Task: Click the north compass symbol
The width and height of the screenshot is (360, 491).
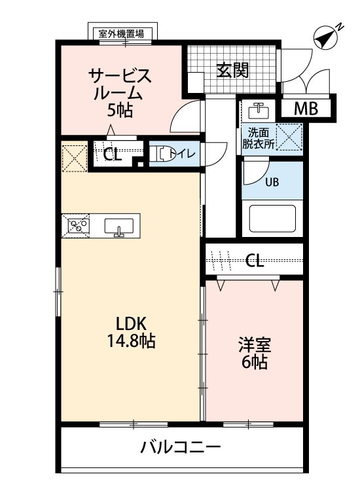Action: coord(326,37)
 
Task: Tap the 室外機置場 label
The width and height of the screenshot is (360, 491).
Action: coord(122,33)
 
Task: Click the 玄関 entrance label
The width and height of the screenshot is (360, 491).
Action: coord(233,70)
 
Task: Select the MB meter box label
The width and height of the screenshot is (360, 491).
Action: coord(306,108)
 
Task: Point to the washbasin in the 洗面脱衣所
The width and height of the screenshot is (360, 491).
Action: coord(259,112)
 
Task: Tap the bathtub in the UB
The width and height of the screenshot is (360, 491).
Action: coord(272,218)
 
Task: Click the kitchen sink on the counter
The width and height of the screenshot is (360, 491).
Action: coord(118,227)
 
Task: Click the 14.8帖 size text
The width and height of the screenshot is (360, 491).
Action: coord(131,340)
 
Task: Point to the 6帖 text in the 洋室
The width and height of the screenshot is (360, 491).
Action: coord(254,362)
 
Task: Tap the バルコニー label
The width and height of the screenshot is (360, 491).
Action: coord(180,447)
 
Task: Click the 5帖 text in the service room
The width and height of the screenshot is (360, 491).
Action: coord(120,110)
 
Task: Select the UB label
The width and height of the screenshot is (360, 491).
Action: coord(272,182)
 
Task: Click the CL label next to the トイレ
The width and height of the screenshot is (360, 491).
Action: coord(113,154)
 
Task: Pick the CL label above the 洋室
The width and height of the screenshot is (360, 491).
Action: coord(255,260)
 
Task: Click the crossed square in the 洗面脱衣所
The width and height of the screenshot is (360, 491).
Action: coord(289,137)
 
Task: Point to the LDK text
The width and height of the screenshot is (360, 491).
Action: coord(131,323)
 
